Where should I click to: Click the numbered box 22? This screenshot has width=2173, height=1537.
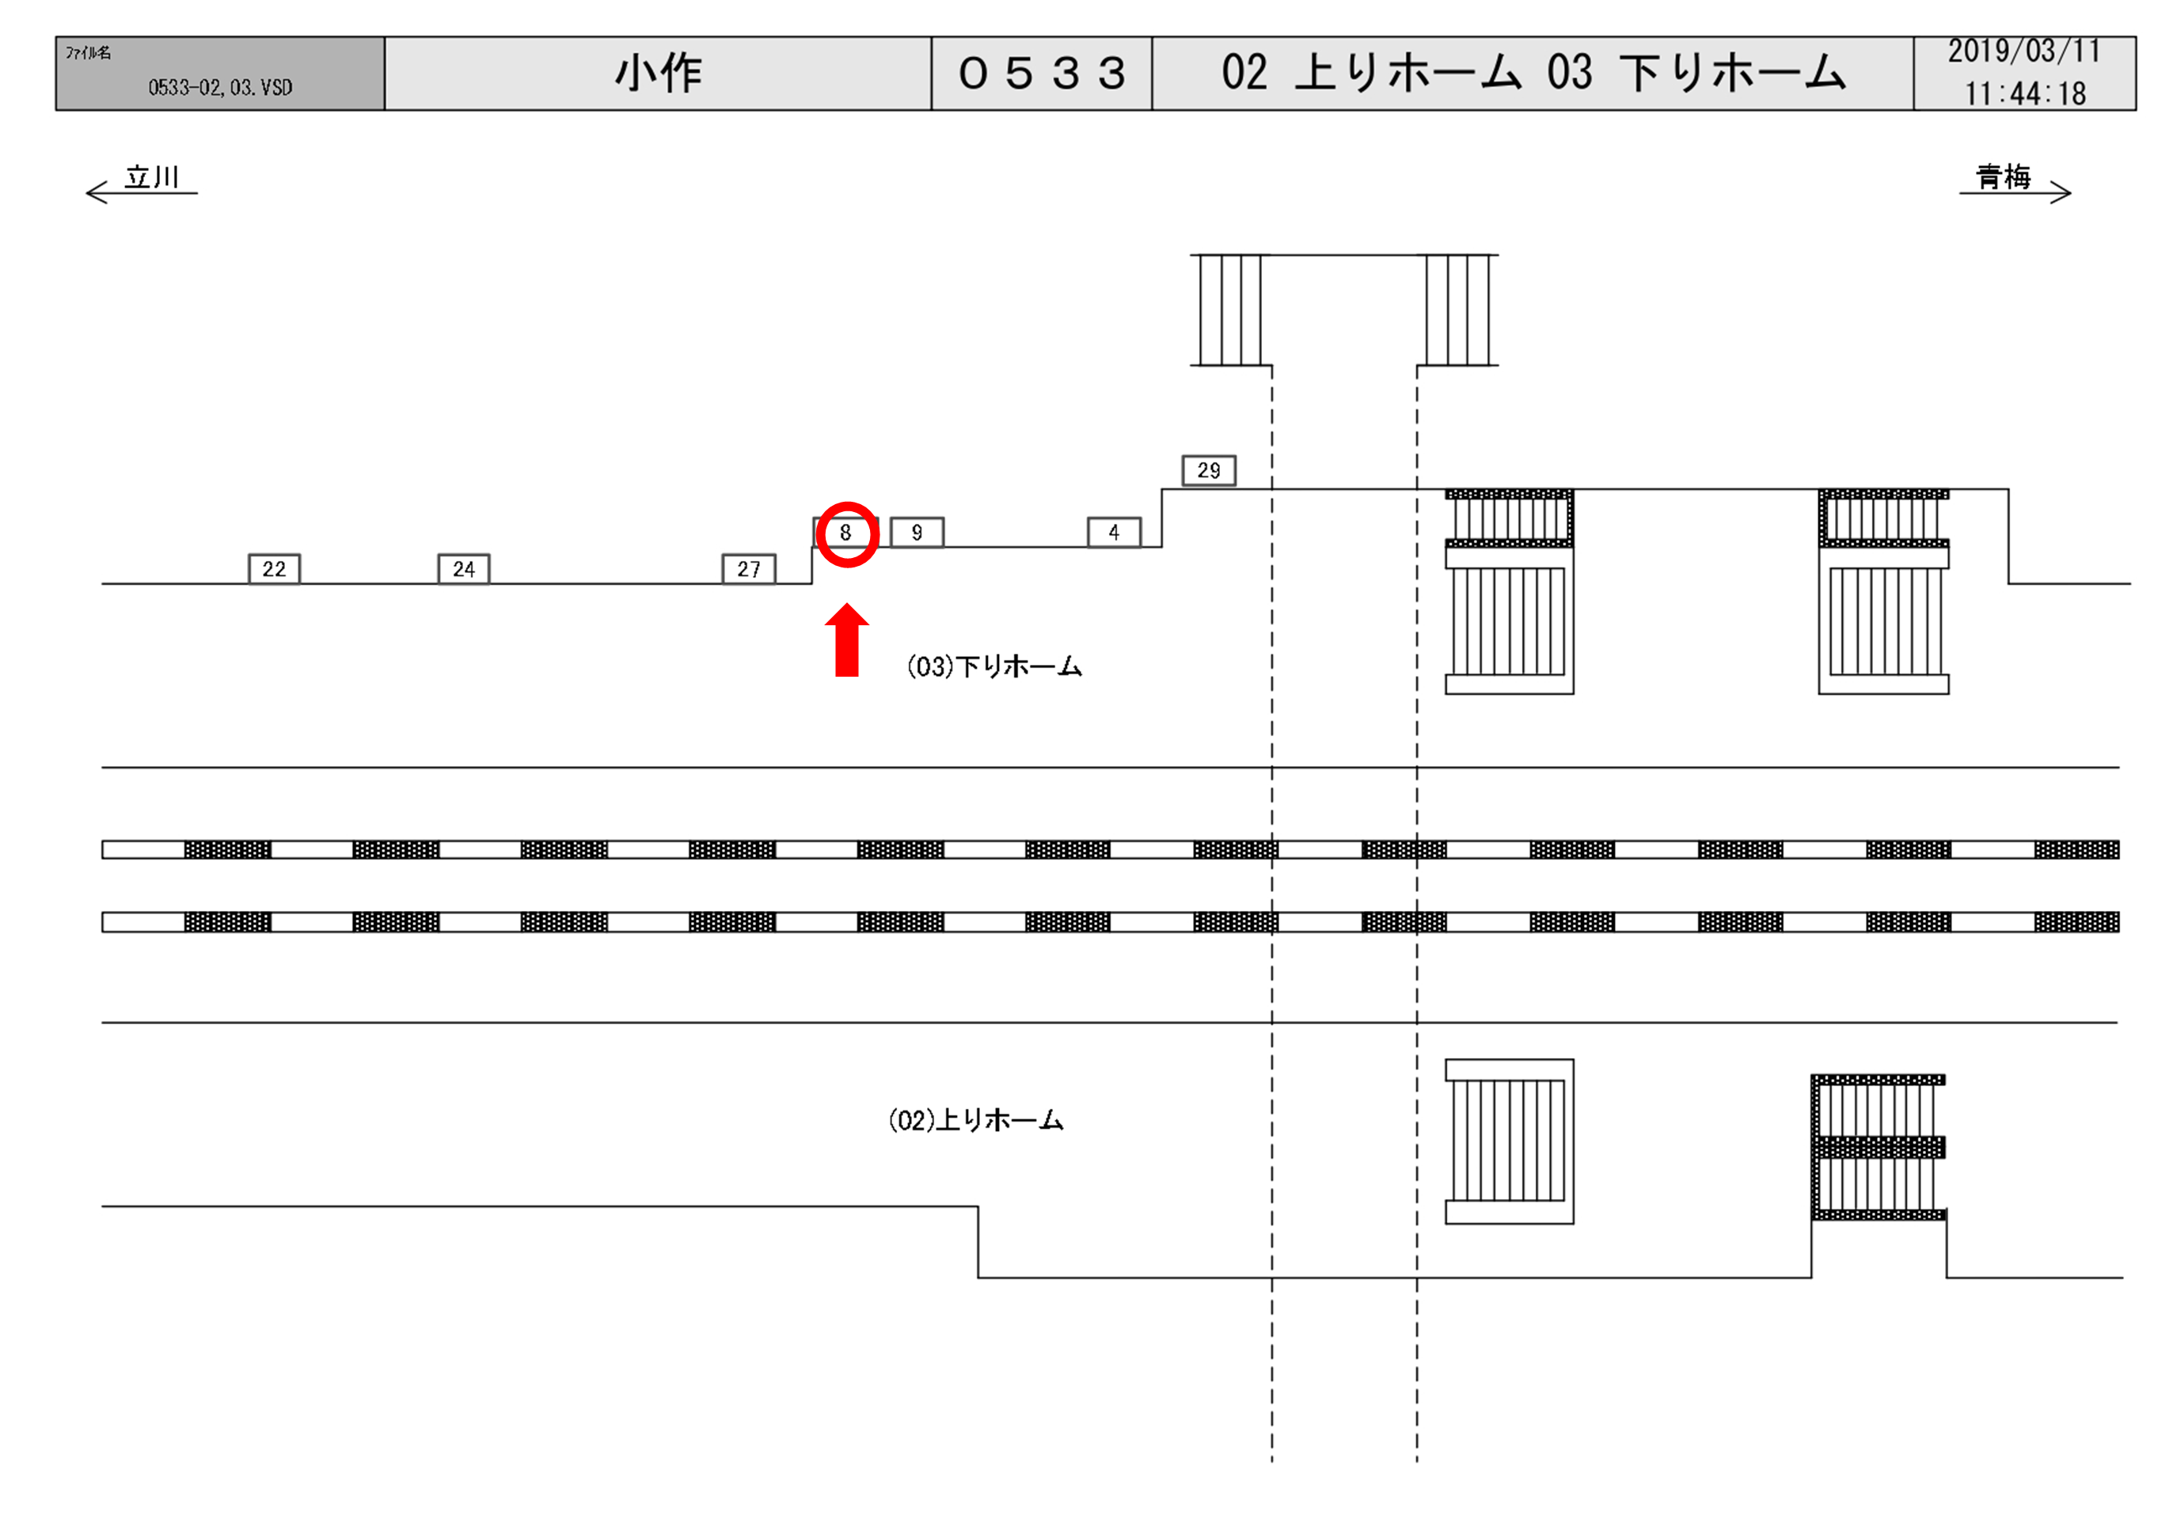[x=275, y=570]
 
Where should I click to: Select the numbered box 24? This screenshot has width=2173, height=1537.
[x=464, y=570]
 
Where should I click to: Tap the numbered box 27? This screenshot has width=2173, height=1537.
[x=749, y=570]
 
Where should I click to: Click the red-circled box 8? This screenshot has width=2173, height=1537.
[x=846, y=533]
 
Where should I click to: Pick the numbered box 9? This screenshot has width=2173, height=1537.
[x=917, y=533]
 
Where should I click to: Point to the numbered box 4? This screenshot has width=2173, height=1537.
[x=1114, y=533]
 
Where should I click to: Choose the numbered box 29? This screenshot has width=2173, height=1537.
[x=1209, y=470]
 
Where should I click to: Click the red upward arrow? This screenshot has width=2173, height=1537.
[x=847, y=641]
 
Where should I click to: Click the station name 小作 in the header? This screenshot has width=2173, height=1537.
[x=659, y=74]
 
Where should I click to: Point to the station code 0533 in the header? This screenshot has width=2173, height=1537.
[x=1042, y=74]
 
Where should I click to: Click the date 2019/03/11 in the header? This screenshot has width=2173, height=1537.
[x=2023, y=52]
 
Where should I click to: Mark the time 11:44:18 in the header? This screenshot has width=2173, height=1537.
[x=2024, y=93]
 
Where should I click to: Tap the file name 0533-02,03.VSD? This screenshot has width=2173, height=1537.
[x=221, y=88]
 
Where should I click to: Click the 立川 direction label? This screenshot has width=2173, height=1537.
[x=151, y=177]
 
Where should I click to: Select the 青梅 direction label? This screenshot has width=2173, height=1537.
[x=2004, y=177]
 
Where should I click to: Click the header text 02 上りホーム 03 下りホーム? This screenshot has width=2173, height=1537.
[x=1533, y=74]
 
